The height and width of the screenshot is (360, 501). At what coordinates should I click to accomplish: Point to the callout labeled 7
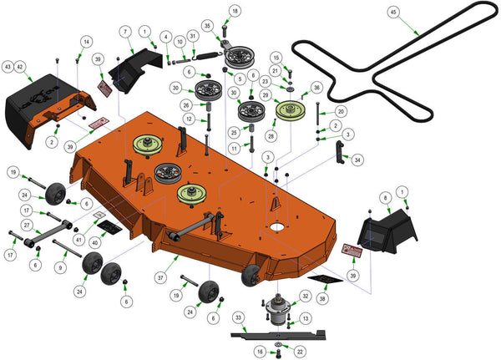point(126,32)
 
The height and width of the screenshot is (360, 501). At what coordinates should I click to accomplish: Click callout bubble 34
point(357,159)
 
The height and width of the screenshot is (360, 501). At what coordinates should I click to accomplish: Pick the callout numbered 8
point(385,197)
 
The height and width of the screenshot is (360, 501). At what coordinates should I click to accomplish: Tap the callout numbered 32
point(305,296)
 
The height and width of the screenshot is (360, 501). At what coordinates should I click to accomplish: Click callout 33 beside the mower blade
point(238,317)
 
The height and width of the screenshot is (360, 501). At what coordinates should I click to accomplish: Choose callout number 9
point(59,267)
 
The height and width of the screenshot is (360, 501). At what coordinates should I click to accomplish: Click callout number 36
point(316,87)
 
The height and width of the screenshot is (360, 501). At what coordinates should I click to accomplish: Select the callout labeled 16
point(260,352)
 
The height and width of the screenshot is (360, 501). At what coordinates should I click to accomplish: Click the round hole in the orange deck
point(275,226)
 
